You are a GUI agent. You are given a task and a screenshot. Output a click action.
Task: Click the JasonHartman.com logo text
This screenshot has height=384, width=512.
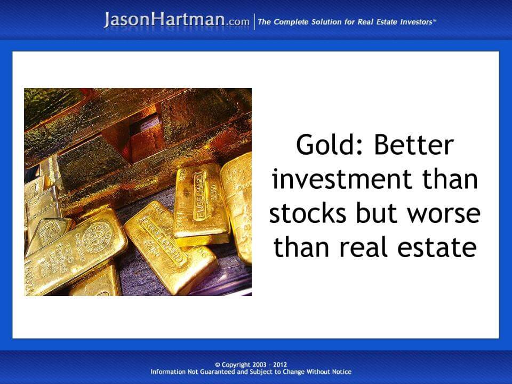pos(177,20)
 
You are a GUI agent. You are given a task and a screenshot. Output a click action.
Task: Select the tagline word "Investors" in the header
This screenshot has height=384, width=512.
pos(412,22)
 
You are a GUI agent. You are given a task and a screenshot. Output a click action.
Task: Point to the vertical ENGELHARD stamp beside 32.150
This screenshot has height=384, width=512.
pos(199,196)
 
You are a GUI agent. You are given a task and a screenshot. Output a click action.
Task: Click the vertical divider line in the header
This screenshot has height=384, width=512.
pos(254,22)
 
